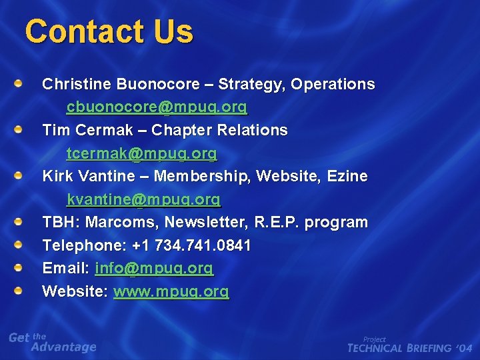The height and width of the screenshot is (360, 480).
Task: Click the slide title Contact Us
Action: [109, 31]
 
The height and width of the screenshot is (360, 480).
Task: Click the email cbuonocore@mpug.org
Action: [157, 107]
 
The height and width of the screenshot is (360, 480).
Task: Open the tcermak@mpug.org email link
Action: [141, 153]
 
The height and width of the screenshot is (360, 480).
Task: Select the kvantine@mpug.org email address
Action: [143, 199]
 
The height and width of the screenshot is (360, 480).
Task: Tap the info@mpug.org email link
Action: [154, 269]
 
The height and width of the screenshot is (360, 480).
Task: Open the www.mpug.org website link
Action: [171, 291]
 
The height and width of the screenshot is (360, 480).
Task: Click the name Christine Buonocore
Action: [121, 85]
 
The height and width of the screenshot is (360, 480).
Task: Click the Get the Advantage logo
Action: [53, 342]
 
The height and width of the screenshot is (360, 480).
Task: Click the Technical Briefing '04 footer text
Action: [409, 347]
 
